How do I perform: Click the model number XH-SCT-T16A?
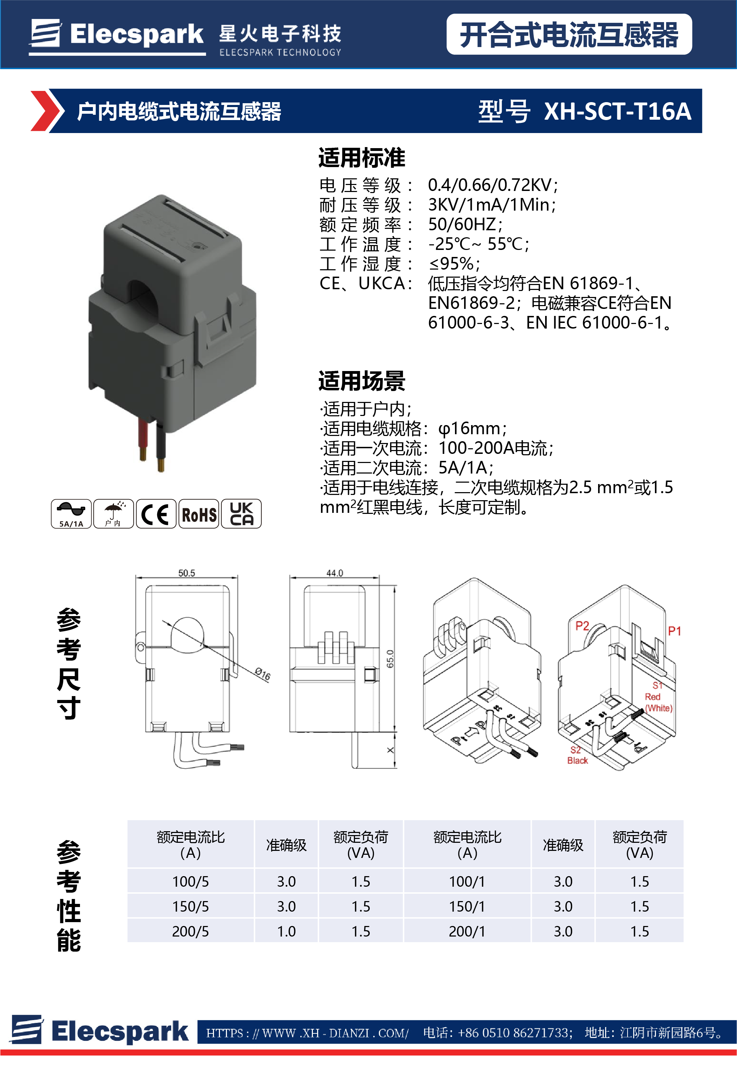click(617, 111)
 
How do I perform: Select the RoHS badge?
click(199, 514)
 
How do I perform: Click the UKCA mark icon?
click(241, 514)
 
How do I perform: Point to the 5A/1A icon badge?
click(71, 514)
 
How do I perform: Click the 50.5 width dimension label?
click(187, 573)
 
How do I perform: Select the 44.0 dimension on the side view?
click(334, 573)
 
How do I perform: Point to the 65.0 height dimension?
click(390, 659)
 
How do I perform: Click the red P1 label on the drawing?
click(674, 631)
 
